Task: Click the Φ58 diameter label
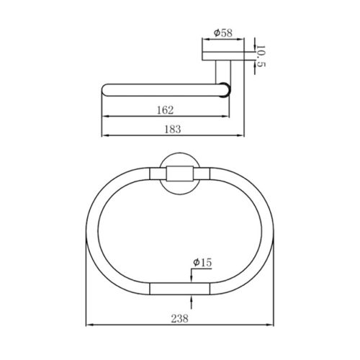click(223, 33)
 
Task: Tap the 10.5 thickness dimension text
click(261, 56)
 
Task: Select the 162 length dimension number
click(165, 110)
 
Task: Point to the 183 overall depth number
click(173, 130)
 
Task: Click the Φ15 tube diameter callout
click(202, 262)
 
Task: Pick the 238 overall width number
click(180, 319)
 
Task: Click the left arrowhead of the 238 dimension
click(89, 325)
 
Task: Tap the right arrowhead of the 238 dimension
click(270, 325)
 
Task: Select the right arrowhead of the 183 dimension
click(240, 135)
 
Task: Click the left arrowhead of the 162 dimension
click(106, 117)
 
